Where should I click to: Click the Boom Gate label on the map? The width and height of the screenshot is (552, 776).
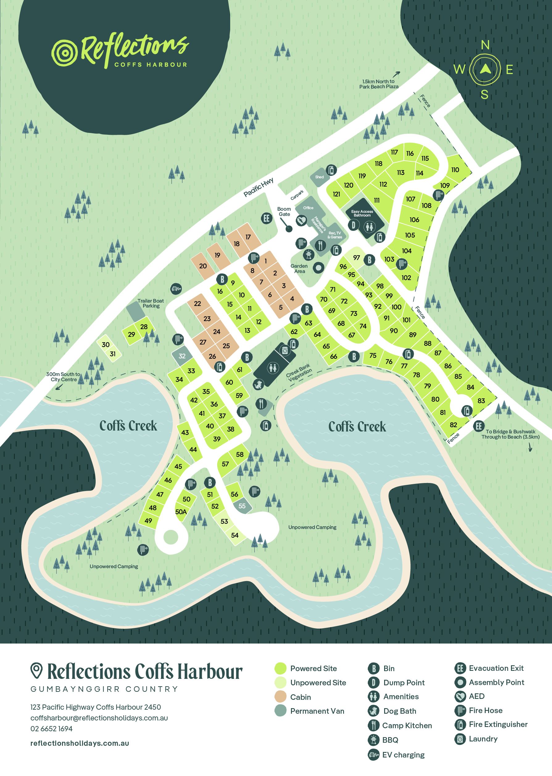[x=284, y=211]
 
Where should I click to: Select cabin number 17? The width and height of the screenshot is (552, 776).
[x=248, y=237]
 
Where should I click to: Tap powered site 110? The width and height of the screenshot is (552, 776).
[x=455, y=170]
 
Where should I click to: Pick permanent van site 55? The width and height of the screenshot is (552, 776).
[x=242, y=506]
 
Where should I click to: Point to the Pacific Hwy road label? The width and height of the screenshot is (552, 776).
[x=258, y=187]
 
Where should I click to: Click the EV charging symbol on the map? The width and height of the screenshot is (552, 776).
[x=176, y=289]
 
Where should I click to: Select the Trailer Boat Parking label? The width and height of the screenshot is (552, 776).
[x=151, y=303]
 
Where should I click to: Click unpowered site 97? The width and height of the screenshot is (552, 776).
[x=356, y=258]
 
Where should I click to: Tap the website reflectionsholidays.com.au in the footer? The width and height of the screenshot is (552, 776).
[x=80, y=743]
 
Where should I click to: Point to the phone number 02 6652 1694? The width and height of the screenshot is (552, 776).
[x=51, y=729]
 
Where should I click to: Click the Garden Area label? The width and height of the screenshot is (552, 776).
[x=299, y=268]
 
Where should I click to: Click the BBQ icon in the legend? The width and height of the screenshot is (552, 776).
[x=373, y=740]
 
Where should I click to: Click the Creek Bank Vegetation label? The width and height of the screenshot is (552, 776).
[x=299, y=372]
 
